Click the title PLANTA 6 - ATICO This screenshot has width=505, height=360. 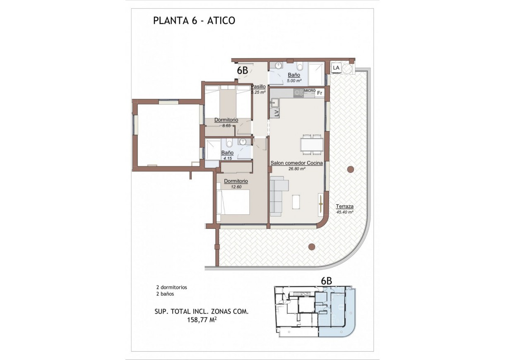point(194,21)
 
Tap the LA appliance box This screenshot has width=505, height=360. point(336,67)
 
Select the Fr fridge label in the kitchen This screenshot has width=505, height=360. point(320,93)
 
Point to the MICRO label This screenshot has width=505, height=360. point(310,90)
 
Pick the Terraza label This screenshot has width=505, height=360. point(344,206)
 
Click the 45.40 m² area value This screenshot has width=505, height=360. point(344,212)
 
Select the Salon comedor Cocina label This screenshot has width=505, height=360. point(297,163)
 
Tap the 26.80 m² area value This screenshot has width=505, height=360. point(297,168)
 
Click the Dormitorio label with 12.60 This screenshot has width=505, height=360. point(236,181)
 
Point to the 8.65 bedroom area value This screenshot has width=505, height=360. point(226,125)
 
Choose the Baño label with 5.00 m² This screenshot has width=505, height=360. point(294,75)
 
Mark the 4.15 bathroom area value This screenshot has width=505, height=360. point(228,158)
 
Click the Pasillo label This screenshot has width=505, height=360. point(258,86)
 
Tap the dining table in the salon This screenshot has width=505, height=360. point(312,144)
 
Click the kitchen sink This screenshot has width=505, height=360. point(274,103)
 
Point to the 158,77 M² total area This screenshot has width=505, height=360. point(202,319)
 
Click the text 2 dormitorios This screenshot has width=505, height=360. point(171,288)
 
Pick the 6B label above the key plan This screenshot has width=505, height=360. point(327,281)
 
